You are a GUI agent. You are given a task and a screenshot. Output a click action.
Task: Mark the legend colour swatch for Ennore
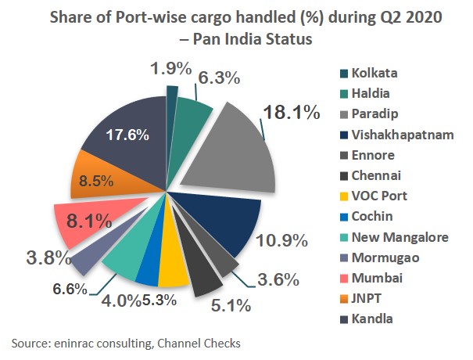[335, 155]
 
